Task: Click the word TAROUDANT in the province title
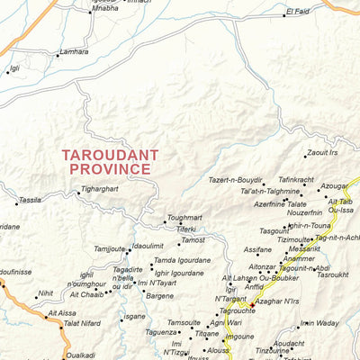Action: coord(110,155)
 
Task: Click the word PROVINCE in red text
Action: coord(110,169)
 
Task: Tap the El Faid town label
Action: coord(298,11)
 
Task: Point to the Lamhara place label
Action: coord(74,52)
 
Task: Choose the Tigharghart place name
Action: coord(100,189)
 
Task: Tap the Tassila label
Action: coord(30,200)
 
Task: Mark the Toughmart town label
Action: coord(184,218)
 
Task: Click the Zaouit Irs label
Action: coord(321,153)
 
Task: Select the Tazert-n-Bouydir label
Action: coord(236,180)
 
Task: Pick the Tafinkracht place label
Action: coord(296,180)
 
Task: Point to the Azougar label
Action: coord(334,186)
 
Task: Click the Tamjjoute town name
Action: coord(110,248)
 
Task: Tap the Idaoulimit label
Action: coord(148,246)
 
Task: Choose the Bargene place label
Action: coord(159,295)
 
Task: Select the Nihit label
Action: coord(45,293)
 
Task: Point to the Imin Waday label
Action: coord(319,323)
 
